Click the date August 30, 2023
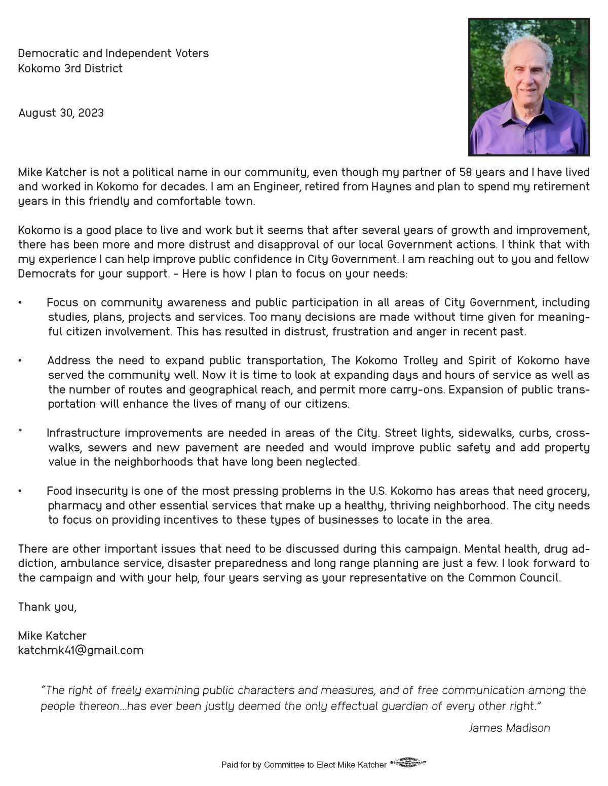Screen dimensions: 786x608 point(61,112)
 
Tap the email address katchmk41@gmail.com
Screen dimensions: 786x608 point(81,650)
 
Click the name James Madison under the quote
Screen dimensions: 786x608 point(509,728)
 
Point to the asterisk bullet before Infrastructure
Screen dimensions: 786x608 point(20,431)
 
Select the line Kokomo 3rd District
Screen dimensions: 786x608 point(70,68)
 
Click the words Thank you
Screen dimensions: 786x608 point(47,606)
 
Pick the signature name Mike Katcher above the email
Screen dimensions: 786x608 point(52,635)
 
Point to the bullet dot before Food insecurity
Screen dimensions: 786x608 point(20,491)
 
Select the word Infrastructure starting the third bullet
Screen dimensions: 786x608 point(84,433)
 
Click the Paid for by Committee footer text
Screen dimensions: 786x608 point(303,764)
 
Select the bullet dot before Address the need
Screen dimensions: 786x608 point(20,361)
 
